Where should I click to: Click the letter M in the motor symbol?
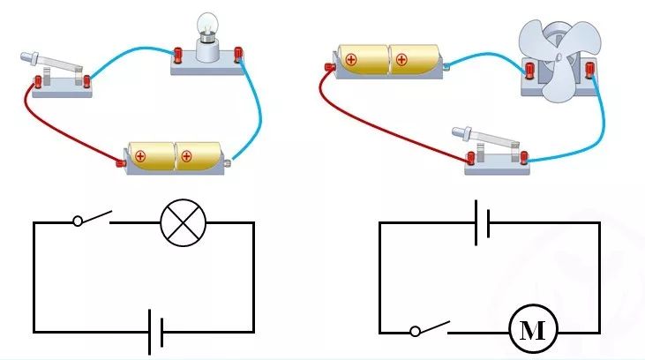pos(532,332)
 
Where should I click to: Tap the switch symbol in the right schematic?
pos(430,328)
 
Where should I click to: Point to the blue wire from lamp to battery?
pos(259,115)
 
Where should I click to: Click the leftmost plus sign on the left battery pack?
pos(139,157)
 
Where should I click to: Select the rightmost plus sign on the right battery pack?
pos(401,60)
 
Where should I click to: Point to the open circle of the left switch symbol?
pos(77,221)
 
